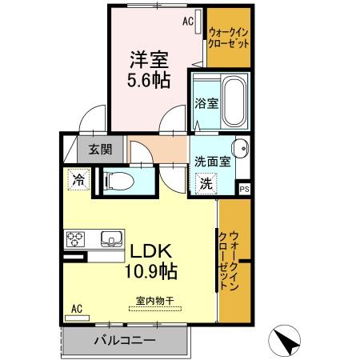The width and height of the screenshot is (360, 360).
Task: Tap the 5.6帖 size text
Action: (150, 80)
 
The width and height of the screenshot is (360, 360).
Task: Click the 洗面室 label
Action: (213, 160)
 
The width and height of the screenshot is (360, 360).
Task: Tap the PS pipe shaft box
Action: (245, 188)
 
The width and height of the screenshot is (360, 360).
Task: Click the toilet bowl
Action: (120, 181)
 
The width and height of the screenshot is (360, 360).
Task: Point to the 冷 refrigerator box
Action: (78, 180)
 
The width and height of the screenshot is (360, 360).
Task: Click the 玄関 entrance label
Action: (100, 148)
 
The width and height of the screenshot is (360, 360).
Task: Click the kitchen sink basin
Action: (110, 238)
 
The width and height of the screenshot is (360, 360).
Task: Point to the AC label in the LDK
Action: (77, 308)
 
